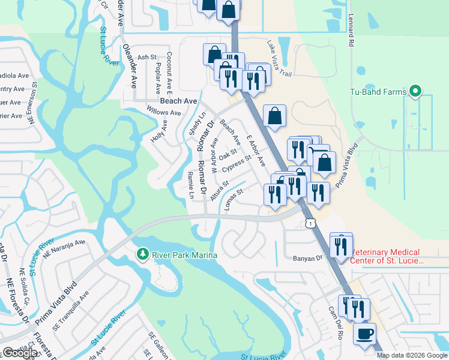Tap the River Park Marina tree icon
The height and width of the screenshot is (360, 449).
[x=142, y=254]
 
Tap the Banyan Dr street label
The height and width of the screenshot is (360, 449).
[x=307, y=258]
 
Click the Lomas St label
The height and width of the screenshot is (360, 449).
[x=232, y=199]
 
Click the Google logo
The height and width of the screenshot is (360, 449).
[x=20, y=353]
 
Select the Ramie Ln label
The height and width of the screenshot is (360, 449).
[x=191, y=184]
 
